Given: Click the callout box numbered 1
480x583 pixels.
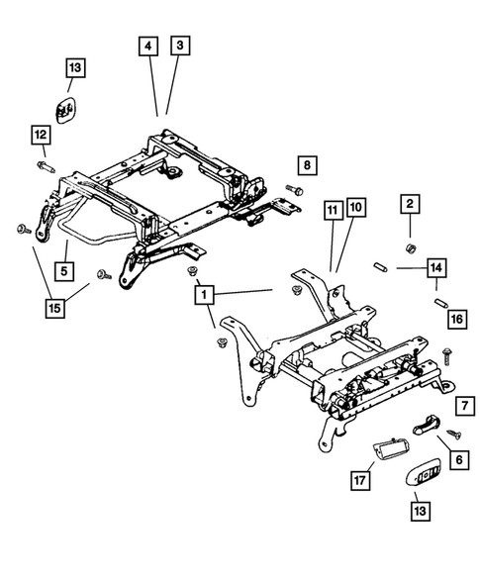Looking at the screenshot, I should click(202, 294).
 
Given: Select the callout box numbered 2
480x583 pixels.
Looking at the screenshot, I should click(408, 204).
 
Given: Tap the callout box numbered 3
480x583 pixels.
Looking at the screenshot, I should click(178, 47).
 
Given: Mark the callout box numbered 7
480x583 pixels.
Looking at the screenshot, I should click(461, 407).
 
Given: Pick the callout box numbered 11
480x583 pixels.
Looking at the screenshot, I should click(332, 210).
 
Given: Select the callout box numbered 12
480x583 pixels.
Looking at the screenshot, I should click(40, 134).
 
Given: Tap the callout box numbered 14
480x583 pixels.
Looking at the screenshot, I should click(435, 266).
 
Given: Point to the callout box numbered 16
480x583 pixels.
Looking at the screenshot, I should click(455, 320).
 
